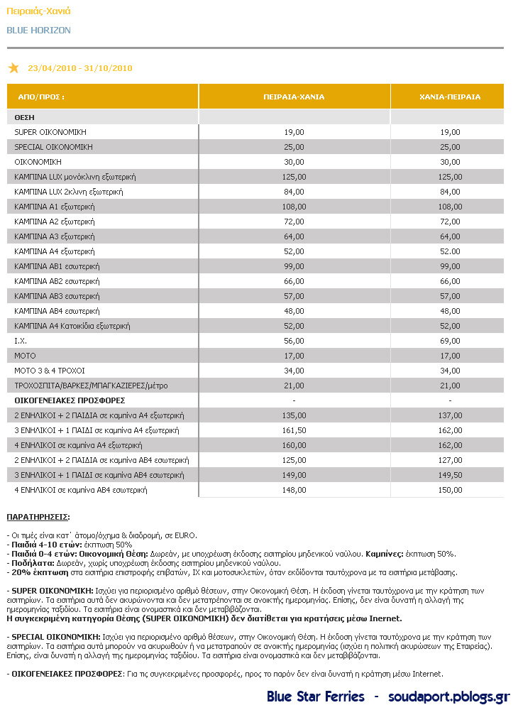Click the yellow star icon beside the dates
(13, 68)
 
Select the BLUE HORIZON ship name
(38, 31)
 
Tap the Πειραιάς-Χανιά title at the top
(38, 11)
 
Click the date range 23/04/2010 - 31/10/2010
(80, 68)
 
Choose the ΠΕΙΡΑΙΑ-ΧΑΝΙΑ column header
(294, 97)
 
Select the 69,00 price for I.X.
(450, 341)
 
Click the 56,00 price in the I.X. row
(294, 341)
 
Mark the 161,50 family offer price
(294, 430)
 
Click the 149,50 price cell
(450, 475)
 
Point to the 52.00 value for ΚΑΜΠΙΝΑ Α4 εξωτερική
(450, 251)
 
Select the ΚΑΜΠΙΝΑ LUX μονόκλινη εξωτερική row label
(75, 177)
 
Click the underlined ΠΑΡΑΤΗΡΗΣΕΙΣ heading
(38, 517)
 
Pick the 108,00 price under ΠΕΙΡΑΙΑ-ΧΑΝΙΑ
(294, 207)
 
